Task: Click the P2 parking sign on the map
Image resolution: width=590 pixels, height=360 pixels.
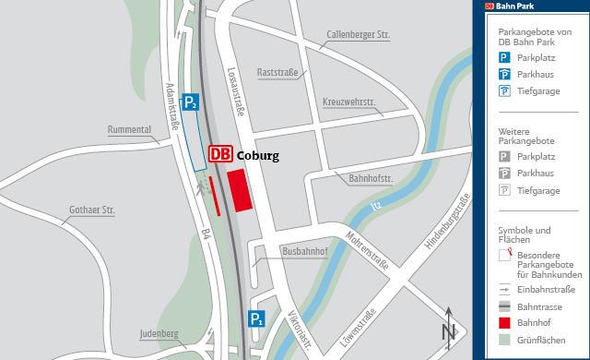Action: point(190,102)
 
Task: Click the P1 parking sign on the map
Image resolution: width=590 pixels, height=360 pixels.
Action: point(256,320)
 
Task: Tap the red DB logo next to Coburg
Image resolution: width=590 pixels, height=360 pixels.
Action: point(220,155)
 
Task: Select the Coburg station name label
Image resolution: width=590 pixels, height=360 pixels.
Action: point(257,156)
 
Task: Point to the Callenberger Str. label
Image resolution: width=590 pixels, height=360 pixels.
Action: point(359,35)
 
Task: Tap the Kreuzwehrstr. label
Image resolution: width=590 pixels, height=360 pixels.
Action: point(350,101)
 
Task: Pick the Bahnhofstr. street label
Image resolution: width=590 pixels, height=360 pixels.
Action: point(371,177)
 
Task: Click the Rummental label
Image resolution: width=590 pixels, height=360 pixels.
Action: point(129,129)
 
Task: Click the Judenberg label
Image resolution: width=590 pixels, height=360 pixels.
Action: point(159,332)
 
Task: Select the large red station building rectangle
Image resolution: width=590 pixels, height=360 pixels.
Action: point(240,190)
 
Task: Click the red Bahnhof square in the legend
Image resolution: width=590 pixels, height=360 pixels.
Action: point(504,323)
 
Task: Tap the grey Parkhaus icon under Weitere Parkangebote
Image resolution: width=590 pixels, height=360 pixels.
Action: point(504,174)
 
